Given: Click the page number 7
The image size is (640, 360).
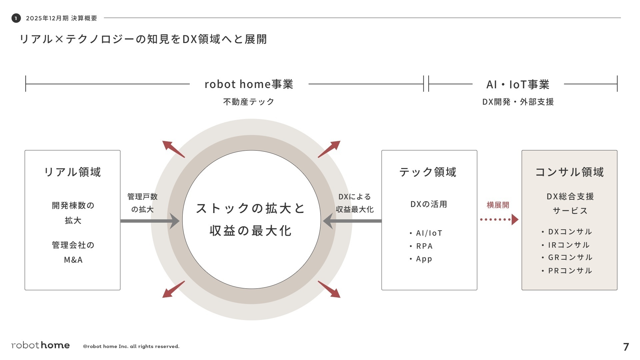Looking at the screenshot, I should click(x=626, y=347).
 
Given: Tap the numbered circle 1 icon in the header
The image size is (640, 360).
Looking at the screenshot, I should click(x=16, y=18).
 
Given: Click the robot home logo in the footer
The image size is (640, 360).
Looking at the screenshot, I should click(x=40, y=345).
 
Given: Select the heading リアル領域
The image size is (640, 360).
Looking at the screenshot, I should click(x=72, y=172).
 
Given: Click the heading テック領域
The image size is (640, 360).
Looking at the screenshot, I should click(x=428, y=172).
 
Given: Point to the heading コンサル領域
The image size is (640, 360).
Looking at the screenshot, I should click(x=569, y=172).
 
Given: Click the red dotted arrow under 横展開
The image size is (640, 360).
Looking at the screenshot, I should click(x=499, y=219).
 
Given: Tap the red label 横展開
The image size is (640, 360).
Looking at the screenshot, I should click(x=498, y=205).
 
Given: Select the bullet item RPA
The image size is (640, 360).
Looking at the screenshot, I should click(x=424, y=246).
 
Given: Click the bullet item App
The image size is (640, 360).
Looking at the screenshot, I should click(x=424, y=259).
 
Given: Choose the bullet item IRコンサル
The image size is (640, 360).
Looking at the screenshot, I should click(x=569, y=245).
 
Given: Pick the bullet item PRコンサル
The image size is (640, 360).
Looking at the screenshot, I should click(x=570, y=271).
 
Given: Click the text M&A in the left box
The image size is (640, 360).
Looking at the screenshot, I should click(x=73, y=260).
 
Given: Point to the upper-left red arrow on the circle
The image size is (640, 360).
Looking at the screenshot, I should click(x=173, y=149).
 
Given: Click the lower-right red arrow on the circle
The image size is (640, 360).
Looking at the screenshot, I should click(x=329, y=289).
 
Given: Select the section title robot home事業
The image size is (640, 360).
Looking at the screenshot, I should click(x=249, y=84).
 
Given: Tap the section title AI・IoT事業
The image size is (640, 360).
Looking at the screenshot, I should click(x=518, y=84).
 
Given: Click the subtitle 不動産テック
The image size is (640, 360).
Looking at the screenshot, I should click(x=249, y=102).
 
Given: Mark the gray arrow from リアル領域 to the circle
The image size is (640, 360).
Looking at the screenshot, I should click(x=150, y=221).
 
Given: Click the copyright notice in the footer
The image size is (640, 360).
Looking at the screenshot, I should click(x=131, y=346).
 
